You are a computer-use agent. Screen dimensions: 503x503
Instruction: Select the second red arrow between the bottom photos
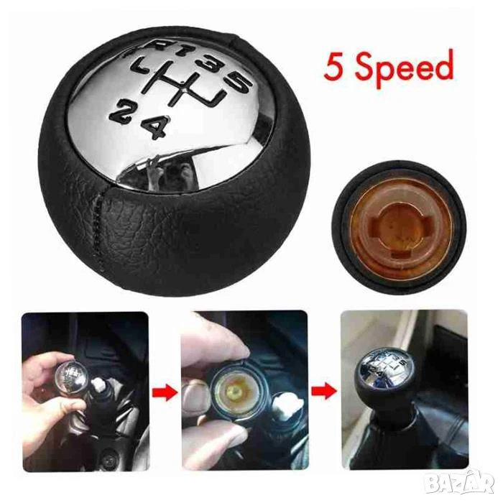(x=324, y=392)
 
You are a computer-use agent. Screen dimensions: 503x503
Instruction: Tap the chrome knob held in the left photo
(x=71, y=374)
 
